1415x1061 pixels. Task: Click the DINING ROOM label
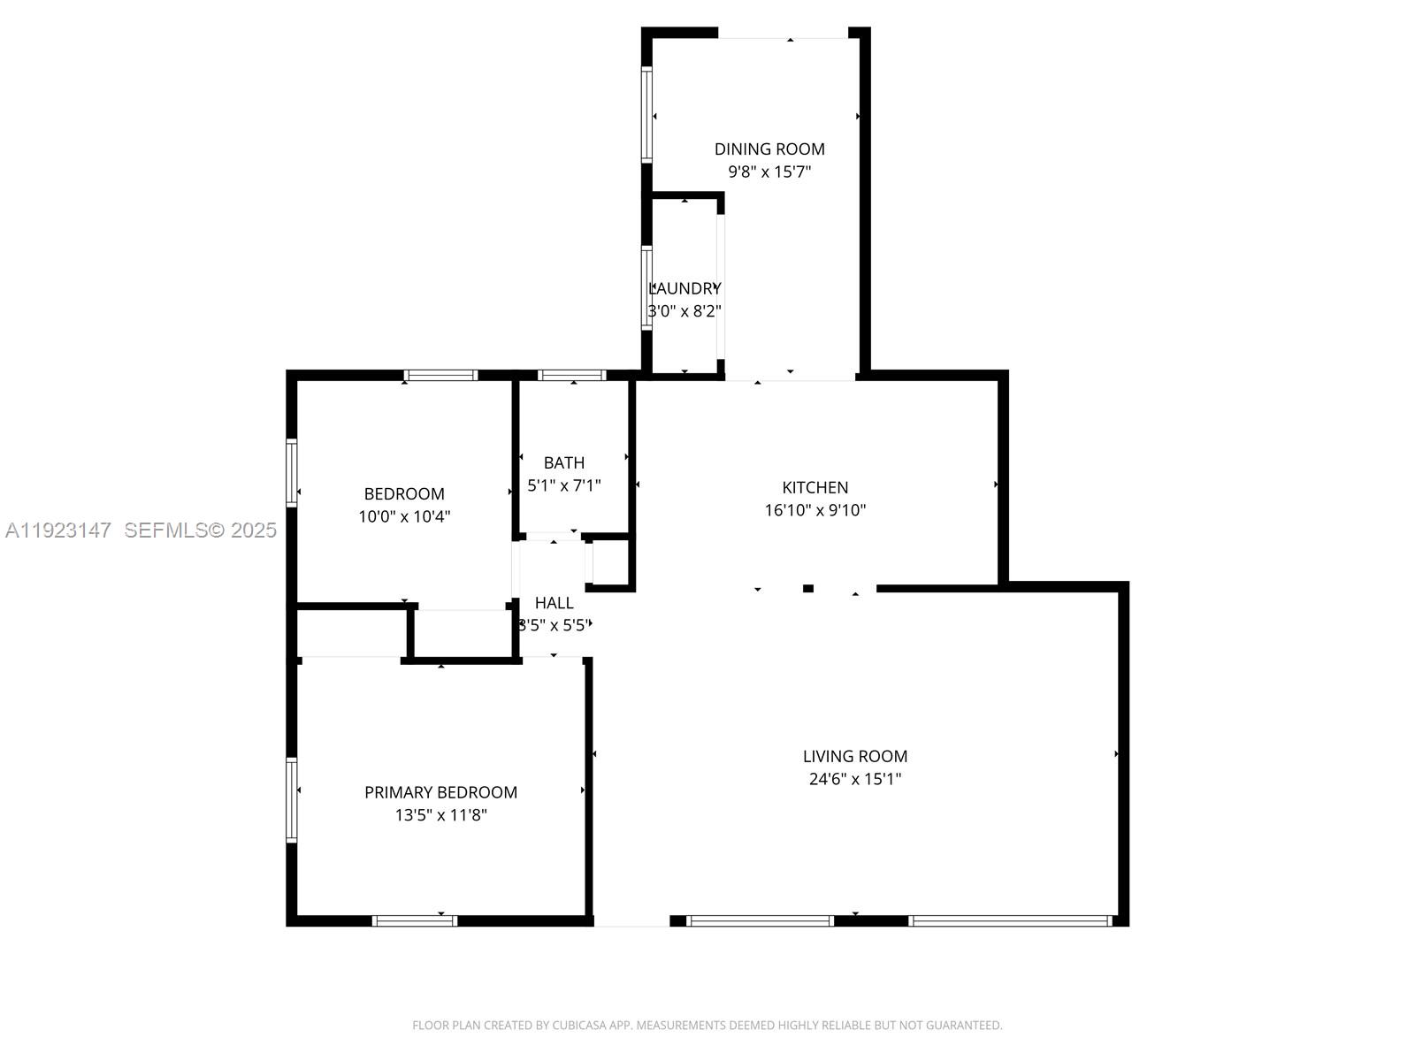tap(769, 149)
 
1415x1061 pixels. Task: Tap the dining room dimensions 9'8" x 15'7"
tap(769, 172)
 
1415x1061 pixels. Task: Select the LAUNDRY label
tap(685, 288)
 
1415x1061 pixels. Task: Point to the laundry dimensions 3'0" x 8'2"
tap(685, 311)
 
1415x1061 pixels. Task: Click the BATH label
tap(564, 462)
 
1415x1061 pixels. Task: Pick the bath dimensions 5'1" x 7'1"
tap(564, 485)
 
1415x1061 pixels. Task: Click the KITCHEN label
tap(815, 487)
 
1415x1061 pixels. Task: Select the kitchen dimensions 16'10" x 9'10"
tap(815, 510)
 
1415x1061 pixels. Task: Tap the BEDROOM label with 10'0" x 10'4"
tap(404, 494)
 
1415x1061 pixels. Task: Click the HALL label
tap(555, 603)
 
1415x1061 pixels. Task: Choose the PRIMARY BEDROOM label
tap(440, 792)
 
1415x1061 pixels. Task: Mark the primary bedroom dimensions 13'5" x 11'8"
tap(440, 815)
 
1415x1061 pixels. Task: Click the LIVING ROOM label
tap(854, 756)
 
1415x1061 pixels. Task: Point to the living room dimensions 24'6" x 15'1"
tap(854, 779)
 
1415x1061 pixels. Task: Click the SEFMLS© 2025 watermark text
tap(201, 530)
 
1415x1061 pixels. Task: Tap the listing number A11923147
tap(58, 530)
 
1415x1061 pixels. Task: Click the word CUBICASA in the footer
tap(578, 1026)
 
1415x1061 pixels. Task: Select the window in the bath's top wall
tap(572, 375)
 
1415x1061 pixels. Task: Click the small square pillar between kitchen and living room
tap(807, 588)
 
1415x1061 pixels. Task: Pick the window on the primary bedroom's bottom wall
tap(414, 920)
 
